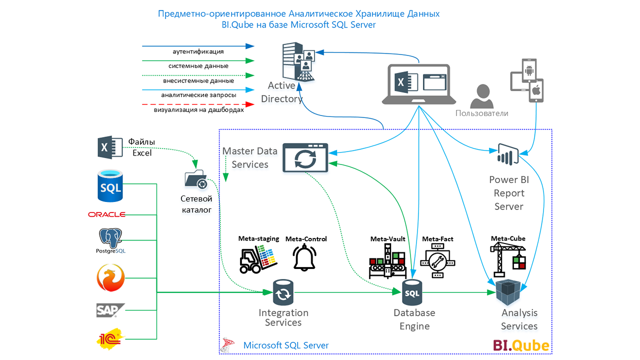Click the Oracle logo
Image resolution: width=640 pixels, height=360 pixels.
(x=106, y=214)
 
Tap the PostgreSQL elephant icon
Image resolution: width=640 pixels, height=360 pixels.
(x=110, y=238)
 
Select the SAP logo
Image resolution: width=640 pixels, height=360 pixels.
(x=110, y=310)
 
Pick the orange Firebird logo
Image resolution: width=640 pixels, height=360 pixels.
(x=110, y=277)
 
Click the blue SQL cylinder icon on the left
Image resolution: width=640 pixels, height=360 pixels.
(x=110, y=185)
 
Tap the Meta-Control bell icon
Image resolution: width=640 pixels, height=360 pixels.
(x=304, y=257)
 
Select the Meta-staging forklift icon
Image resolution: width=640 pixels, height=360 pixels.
(x=258, y=259)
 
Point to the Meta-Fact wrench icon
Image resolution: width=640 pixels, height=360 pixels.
(x=437, y=262)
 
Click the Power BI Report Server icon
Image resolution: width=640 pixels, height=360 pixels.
(x=508, y=154)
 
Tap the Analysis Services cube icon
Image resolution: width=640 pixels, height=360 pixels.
(x=508, y=292)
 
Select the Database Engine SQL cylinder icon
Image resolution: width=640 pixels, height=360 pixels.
(x=412, y=292)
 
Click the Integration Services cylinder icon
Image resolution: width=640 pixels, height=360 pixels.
(x=283, y=292)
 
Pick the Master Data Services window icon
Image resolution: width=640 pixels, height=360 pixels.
(x=305, y=157)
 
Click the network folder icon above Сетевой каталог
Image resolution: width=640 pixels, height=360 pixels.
(x=196, y=179)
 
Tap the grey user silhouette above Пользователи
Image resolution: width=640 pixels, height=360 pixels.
(x=481, y=96)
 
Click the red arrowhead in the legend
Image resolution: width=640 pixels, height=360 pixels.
(x=250, y=104)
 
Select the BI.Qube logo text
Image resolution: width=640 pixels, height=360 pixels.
(x=521, y=345)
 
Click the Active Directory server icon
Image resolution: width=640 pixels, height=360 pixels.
(x=298, y=61)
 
